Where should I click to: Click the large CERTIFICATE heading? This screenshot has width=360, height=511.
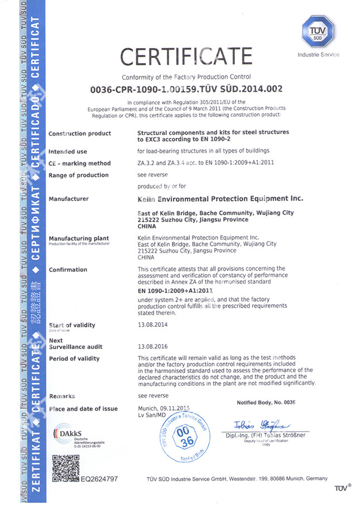pyautogui.click(x=186, y=56)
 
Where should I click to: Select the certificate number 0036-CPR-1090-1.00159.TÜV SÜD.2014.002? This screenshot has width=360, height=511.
pyautogui.click(x=186, y=89)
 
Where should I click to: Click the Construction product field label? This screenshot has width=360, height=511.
pyautogui.click(x=80, y=133)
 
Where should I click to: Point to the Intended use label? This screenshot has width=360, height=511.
pyautogui.click(x=68, y=151)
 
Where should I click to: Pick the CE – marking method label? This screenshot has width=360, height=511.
pyautogui.click(x=79, y=164)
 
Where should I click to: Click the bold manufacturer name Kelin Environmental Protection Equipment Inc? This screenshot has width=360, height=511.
pyautogui.click(x=220, y=199)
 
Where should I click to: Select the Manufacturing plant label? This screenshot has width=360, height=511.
pyautogui.click(x=75, y=238)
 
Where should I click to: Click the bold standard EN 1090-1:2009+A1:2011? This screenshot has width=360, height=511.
pyautogui.click(x=175, y=291)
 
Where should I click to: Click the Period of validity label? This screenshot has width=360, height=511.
pyautogui.click(x=74, y=359)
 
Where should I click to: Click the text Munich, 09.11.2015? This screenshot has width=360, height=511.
pyautogui.click(x=164, y=409)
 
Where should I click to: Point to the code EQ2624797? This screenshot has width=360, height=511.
pyautogui.click(x=99, y=479)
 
